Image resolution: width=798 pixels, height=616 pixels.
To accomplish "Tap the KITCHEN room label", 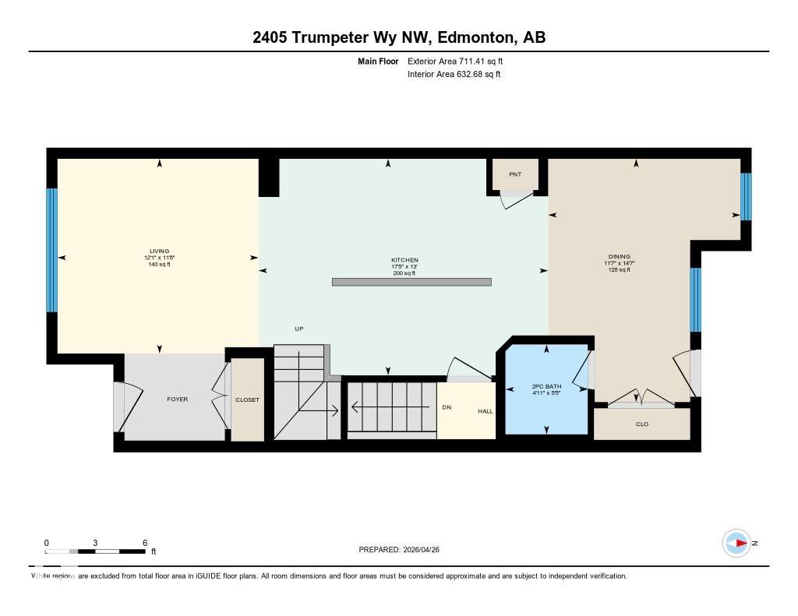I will point(404,260).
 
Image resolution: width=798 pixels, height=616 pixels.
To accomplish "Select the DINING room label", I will point(620,256).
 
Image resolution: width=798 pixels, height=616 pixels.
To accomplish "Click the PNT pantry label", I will point(515,174).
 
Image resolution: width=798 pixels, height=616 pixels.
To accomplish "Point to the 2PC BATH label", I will point(546,386).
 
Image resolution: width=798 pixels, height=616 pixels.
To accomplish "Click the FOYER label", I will point(178,400).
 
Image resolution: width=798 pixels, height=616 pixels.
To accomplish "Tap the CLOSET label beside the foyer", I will point(247,400).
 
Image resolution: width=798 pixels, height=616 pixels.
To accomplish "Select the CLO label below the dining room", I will point(642,424).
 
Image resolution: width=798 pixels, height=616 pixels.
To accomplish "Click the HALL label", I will point(486,411).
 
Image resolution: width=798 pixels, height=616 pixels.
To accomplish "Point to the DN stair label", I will point(447,407).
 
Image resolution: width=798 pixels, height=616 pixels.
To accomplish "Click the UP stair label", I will point(298,329).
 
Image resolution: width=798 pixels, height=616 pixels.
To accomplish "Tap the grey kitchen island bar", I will point(411,282).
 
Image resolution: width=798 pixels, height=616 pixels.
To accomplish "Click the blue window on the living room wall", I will point(52,250).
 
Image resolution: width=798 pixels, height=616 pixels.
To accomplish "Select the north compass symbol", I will point(737,544).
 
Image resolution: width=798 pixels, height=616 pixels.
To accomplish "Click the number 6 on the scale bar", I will point(145,543).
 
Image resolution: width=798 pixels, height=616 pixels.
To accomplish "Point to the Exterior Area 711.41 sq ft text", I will point(461,61).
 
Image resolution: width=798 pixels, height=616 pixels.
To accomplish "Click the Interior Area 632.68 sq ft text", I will point(454,75).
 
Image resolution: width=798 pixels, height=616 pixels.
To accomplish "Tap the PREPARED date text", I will point(404,550).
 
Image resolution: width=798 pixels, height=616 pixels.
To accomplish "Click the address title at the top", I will point(399,37).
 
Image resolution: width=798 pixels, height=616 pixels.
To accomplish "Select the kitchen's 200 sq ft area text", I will point(404,273).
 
